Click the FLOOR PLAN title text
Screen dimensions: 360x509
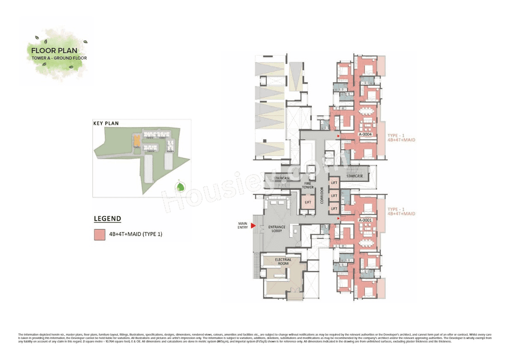pyautogui.click(x=54, y=51)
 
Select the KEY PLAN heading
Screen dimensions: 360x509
pyautogui.click(x=106, y=123)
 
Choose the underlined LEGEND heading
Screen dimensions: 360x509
pyautogui.click(x=107, y=219)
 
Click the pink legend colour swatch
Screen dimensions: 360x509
pyautogui.click(x=100, y=235)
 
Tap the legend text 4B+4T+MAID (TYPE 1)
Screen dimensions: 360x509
pyautogui.click(x=136, y=235)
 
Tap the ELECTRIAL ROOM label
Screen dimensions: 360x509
pyautogui.click(x=283, y=262)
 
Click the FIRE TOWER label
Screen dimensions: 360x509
pyautogui.click(x=308, y=185)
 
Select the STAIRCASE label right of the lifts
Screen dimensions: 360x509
pyautogui.click(x=355, y=176)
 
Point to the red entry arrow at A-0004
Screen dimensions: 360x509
pyautogui.click(x=338, y=136)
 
